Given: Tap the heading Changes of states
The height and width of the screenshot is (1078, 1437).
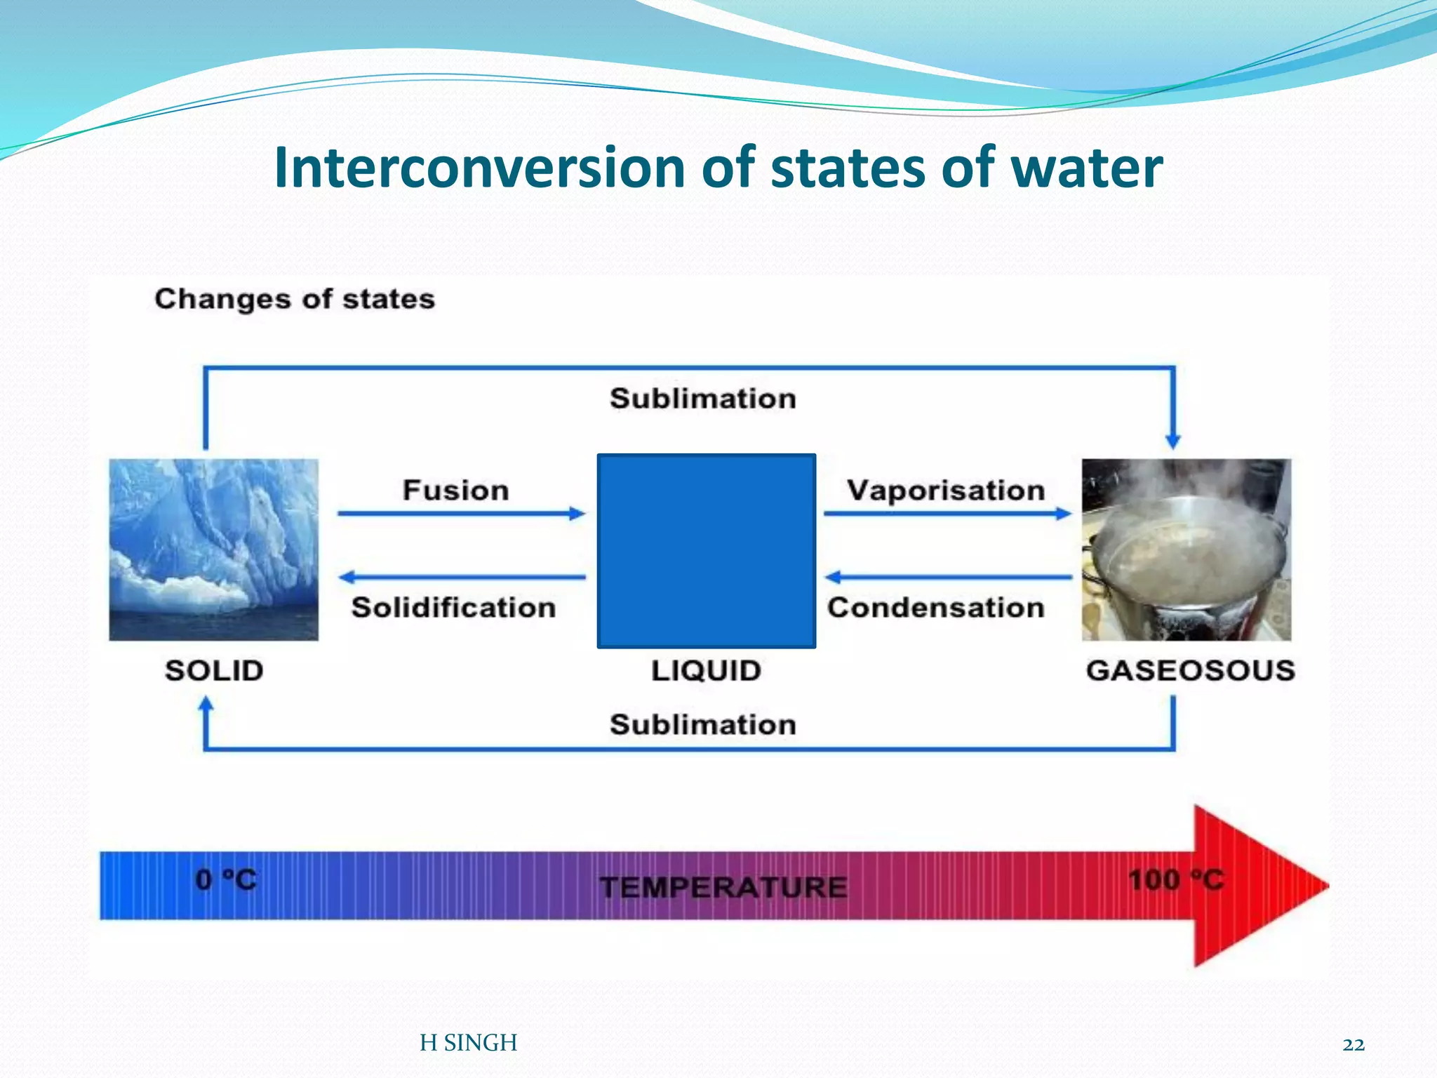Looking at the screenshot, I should [x=295, y=299].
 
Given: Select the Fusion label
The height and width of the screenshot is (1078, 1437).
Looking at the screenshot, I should [x=456, y=490].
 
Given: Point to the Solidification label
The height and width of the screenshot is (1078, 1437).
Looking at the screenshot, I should [x=453, y=608].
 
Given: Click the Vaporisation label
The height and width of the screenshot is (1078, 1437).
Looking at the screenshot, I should [x=946, y=490].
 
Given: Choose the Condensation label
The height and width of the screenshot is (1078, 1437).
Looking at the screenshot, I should [x=936, y=608].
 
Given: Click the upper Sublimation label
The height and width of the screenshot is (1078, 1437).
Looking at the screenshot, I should [x=703, y=399].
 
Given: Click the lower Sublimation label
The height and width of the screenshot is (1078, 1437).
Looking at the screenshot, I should [x=703, y=724].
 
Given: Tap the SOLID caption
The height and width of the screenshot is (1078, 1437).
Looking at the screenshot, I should [x=214, y=671].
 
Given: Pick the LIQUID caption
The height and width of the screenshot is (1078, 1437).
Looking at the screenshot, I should [x=706, y=671].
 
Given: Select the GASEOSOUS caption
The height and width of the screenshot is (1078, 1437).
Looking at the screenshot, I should [x=1190, y=671].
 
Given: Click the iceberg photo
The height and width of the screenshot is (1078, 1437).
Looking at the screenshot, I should [x=214, y=550].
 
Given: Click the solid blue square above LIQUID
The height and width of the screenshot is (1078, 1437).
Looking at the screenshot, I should [x=706, y=551].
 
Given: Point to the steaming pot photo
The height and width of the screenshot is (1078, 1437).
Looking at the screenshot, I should [x=1186, y=550].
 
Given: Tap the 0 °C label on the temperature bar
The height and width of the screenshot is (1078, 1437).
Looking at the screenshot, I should [x=226, y=879].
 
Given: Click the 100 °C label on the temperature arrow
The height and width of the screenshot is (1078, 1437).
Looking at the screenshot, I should [x=1176, y=879].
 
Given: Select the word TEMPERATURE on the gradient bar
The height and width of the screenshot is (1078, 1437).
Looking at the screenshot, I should [x=723, y=887].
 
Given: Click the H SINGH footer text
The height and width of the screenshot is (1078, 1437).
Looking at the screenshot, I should [x=468, y=1043].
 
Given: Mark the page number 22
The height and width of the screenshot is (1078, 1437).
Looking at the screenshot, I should [x=1354, y=1045].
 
